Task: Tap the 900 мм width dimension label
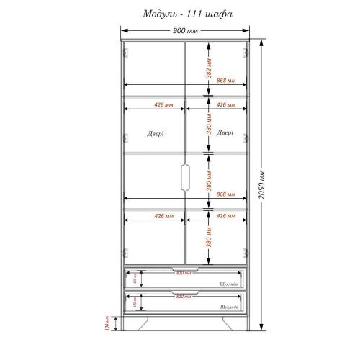185,32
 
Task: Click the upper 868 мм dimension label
226,80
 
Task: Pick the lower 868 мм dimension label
226,194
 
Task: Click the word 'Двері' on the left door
155,134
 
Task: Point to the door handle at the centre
185,176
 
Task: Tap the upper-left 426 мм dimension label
163,105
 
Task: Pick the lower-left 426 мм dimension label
163,216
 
